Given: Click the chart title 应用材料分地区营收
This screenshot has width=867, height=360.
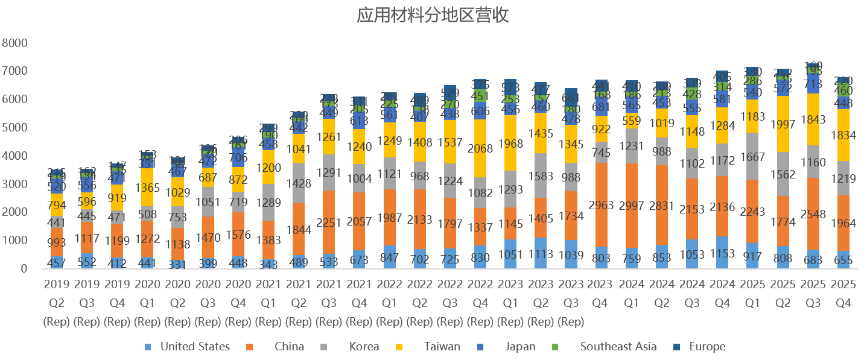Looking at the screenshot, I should [x=433, y=16].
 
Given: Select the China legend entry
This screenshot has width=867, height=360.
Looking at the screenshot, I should [x=289, y=347].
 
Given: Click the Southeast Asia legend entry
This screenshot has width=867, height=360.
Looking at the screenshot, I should [x=618, y=347].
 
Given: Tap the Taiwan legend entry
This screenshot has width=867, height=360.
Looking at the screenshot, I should [x=442, y=347].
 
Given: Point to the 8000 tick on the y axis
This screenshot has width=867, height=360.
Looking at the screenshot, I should [x=15, y=43].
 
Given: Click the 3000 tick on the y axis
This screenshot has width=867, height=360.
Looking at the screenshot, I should [x=15, y=184].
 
